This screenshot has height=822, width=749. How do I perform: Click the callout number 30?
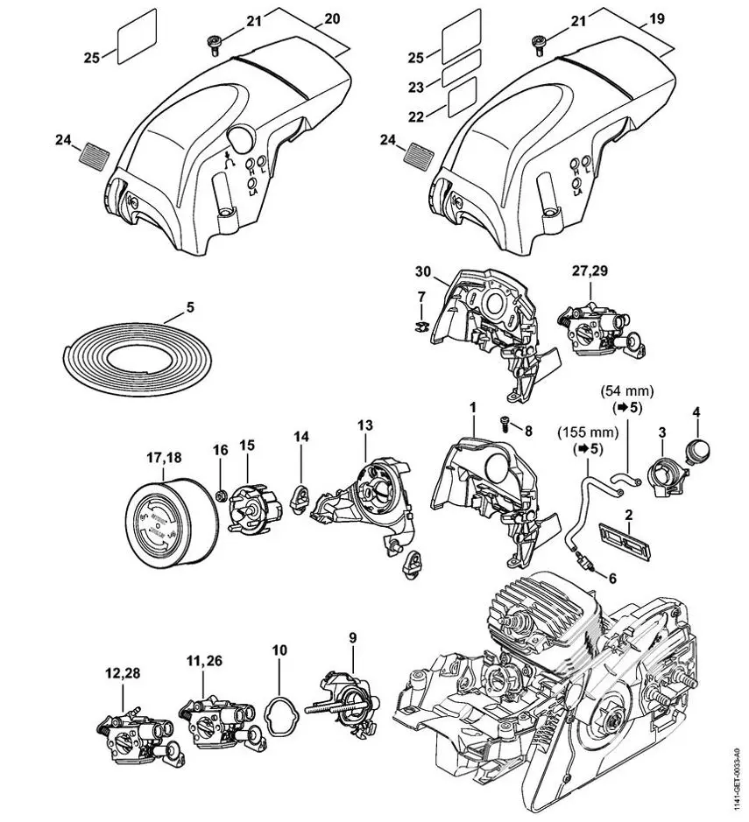point(420,271)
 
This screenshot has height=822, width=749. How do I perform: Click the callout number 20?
point(332,17)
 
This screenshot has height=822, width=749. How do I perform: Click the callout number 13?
point(364,425)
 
